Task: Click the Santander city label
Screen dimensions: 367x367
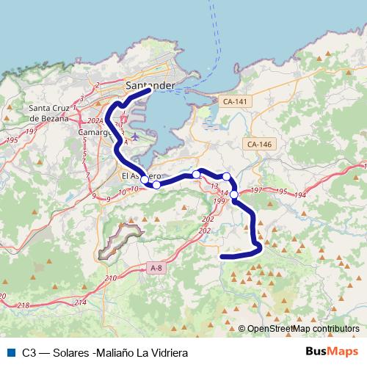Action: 150,85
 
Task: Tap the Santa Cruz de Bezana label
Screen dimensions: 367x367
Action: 54,114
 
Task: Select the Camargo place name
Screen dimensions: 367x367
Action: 96,133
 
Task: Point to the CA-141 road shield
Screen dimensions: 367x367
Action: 236,101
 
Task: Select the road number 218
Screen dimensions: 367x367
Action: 24,305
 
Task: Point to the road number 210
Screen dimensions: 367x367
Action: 111,278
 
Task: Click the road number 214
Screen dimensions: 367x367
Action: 80,302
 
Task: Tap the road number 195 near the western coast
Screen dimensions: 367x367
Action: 10,139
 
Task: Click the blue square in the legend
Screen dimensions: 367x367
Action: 10,352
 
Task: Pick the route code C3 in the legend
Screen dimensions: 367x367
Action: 29,352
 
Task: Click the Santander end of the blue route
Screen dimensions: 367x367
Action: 150,91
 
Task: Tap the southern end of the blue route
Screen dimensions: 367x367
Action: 222,256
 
